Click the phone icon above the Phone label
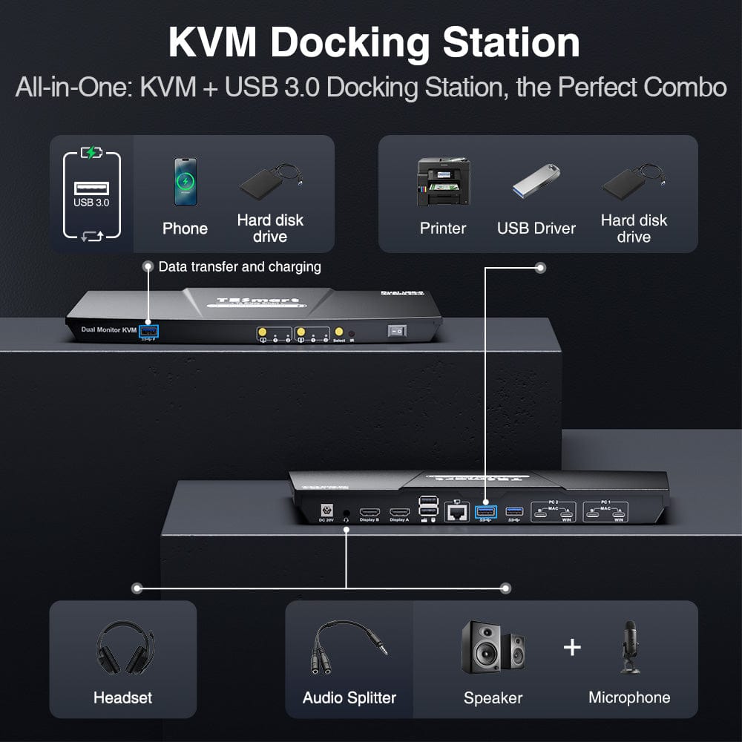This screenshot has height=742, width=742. click(185, 181)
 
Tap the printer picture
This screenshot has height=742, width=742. click(443, 182)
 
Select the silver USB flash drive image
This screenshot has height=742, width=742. click(536, 181)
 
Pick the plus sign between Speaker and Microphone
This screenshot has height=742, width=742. click(572, 647)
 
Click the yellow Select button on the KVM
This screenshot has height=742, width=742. click(339, 332)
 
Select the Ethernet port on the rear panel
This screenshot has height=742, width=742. click(456, 512)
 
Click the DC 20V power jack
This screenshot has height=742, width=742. click(325, 511)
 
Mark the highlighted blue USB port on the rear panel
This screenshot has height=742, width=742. click(486, 512)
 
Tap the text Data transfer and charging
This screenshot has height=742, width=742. click(239, 266)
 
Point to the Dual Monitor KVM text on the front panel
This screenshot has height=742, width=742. click(109, 329)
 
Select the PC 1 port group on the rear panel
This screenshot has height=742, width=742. click(605, 512)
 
